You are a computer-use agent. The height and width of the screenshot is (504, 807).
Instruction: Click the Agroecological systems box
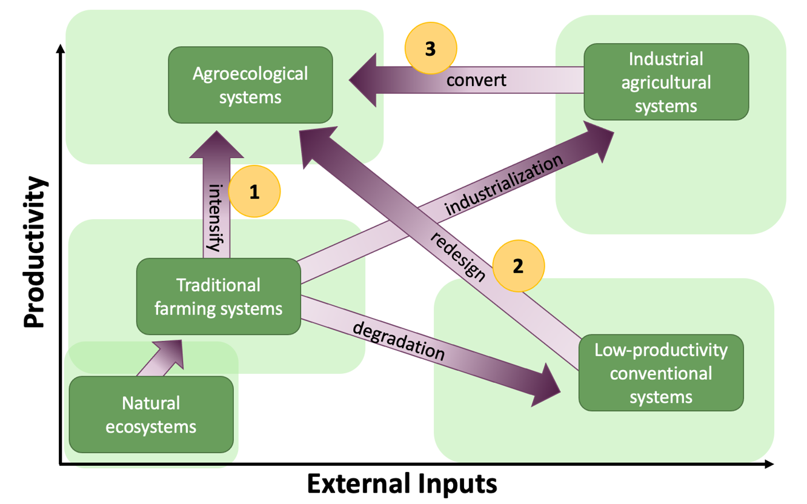tap(250, 85)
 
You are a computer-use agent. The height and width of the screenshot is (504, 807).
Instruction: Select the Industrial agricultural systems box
tap(666, 82)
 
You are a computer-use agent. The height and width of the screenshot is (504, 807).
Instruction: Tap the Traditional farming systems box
tap(219, 297)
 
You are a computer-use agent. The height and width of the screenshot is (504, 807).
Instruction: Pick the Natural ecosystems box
tap(151, 415)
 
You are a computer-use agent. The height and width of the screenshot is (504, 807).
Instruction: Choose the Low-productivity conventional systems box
tap(660, 373)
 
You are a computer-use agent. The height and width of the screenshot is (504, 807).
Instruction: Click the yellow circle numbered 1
tap(254, 192)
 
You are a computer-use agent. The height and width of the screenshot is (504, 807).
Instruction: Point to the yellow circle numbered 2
tap(518, 267)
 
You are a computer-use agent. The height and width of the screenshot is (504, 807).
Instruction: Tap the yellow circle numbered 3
tap(430, 48)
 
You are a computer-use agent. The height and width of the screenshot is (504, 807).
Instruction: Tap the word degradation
tap(397, 342)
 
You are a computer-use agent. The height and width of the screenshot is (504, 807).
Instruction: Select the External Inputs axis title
tap(402, 485)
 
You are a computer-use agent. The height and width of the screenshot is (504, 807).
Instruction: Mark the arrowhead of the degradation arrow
tap(548, 386)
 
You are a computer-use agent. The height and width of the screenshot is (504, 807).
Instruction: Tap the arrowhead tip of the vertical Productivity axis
tap(60, 48)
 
